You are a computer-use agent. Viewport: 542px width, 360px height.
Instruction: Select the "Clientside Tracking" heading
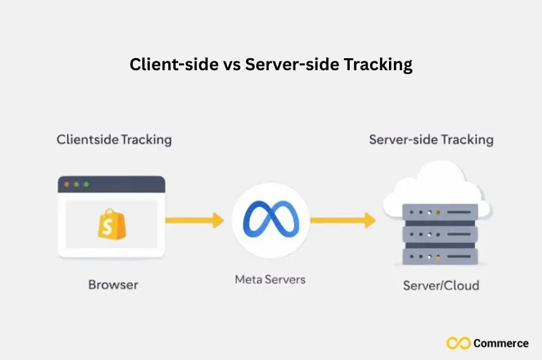click(x=114, y=139)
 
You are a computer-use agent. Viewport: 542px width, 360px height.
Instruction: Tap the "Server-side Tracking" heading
click(x=431, y=139)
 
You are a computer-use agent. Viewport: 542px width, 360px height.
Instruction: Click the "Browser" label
click(x=113, y=285)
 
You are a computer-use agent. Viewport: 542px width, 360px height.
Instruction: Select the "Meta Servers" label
click(x=270, y=279)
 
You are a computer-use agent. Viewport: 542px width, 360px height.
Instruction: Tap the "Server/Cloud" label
click(x=441, y=285)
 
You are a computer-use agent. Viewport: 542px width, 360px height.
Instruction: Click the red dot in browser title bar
click(x=66, y=184)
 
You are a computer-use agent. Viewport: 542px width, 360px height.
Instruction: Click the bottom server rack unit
click(x=440, y=257)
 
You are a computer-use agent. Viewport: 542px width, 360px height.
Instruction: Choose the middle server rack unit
click(x=440, y=235)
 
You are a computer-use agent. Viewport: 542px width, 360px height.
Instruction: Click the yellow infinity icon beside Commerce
click(x=459, y=344)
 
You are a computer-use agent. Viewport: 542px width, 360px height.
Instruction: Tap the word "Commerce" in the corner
click(x=502, y=344)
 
